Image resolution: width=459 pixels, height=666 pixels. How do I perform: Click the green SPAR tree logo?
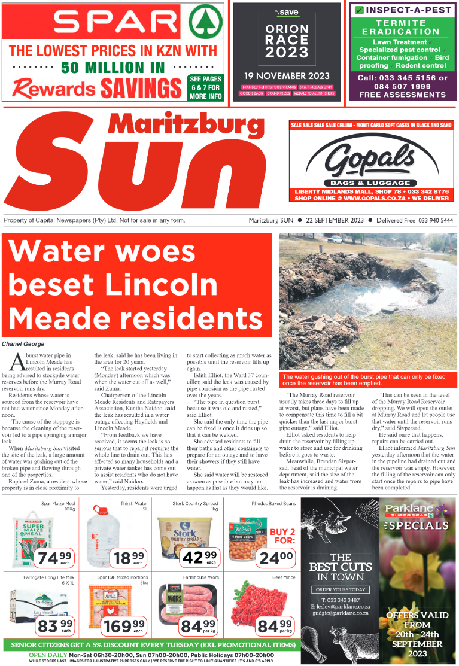click(204, 23)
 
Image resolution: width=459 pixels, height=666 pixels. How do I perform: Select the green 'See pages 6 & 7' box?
click(205, 87)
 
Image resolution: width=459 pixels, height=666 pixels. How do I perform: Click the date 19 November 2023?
click(287, 76)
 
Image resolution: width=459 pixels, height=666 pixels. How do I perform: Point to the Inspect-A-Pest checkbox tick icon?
click(359, 10)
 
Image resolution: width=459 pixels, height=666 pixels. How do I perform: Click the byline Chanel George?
click(23, 344)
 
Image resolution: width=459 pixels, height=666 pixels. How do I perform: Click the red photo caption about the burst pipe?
click(367, 380)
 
